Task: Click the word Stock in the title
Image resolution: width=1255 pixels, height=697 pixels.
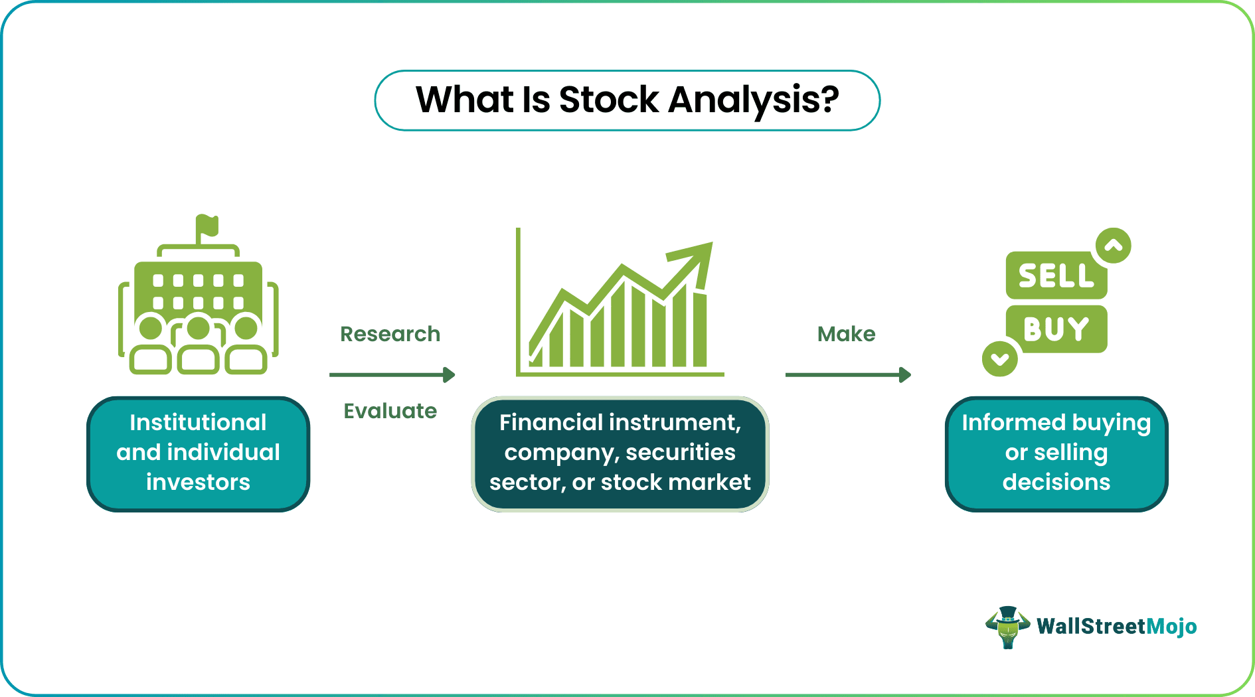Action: [608, 100]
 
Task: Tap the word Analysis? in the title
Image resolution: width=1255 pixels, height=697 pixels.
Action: [753, 100]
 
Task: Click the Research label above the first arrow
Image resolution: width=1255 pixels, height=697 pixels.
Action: [390, 334]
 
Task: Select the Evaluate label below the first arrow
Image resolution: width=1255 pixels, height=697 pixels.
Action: [390, 411]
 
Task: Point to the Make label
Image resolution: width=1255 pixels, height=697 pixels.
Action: [846, 334]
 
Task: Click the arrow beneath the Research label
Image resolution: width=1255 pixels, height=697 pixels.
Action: [392, 375]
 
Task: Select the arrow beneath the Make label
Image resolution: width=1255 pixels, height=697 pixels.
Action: [847, 375]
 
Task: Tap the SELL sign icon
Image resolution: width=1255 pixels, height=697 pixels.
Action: [1055, 275]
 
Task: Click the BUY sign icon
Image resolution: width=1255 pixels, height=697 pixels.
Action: [1056, 329]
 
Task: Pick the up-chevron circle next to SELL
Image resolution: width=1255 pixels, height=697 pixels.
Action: [1114, 246]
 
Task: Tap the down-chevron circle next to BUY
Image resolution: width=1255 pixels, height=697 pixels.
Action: [999, 359]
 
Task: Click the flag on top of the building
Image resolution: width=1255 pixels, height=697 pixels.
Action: [208, 226]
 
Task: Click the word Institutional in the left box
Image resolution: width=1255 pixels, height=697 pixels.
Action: [198, 422]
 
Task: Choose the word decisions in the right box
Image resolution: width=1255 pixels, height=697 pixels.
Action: [1056, 482]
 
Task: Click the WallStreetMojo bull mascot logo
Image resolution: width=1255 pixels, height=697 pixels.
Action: [1007, 627]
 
